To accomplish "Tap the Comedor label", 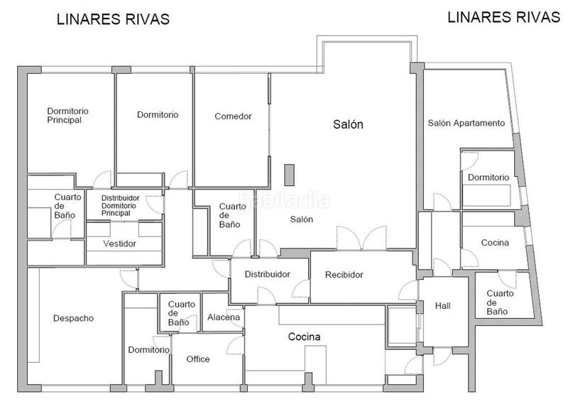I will tap(233, 116).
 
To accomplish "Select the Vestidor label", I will tap(119, 244).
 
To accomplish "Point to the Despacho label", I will tap(73, 318).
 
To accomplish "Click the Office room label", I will tap(198, 359).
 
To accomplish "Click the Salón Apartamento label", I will tap(466, 123).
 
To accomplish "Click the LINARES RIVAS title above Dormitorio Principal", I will tap(113, 20).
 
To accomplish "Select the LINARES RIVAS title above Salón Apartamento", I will tap(503, 17).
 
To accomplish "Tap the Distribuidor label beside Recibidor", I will tap(267, 275).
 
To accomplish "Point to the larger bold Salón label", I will tap(348, 124).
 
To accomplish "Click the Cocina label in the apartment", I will tap(494, 243).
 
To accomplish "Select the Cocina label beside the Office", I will tap(304, 337).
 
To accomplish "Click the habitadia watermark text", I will tap(285, 198).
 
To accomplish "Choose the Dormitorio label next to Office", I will tap(148, 349).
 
